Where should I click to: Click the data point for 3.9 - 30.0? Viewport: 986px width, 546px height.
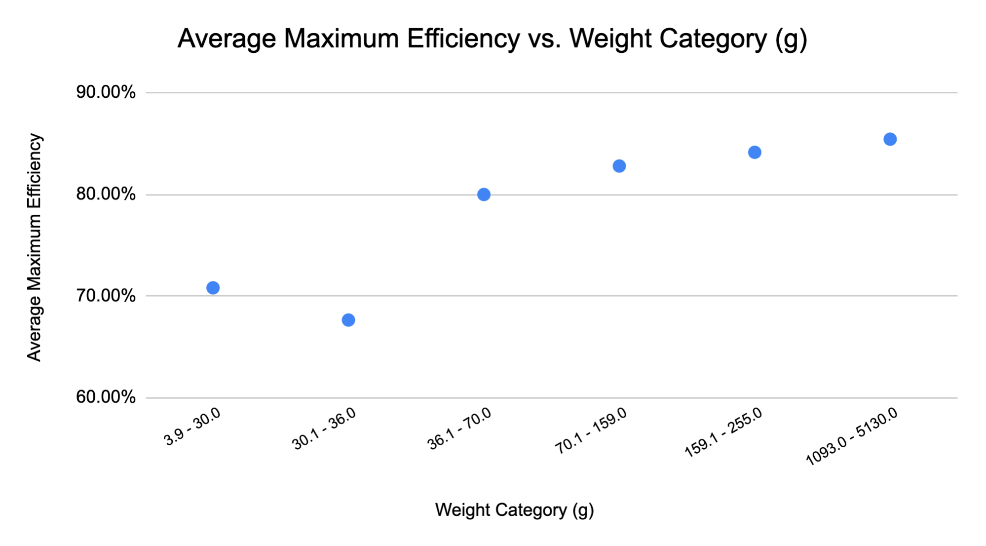[x=213, y=288]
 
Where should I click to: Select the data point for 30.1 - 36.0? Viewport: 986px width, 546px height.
[x=348, y=320]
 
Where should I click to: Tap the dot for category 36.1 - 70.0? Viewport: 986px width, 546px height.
[x=484, y=195]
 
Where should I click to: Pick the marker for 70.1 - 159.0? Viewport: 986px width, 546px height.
[x=619, y=166]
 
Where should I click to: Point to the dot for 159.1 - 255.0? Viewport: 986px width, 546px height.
[x=755, y=152]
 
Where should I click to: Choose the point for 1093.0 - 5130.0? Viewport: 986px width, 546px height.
[x=890, y=139]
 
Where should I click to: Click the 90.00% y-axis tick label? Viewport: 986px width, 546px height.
[x=106, y=92]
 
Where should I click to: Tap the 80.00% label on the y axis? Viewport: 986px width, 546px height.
[x=106, y=194]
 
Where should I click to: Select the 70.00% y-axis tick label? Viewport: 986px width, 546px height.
[x=106, y=296]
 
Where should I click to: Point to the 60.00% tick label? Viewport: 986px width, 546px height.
[x=106, y=397]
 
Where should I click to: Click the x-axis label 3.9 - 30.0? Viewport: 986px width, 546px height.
[x=192, y=428]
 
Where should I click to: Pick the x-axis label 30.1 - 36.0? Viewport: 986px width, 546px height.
[x=324, y=429]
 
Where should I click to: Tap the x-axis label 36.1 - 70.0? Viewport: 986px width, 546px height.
[x=459, y=429]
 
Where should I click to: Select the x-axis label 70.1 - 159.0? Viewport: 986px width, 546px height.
[x=591, y=431]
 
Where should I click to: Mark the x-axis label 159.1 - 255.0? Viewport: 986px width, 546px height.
[x=723, y=433]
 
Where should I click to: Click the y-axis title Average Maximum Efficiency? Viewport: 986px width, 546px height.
[x=34, y=247]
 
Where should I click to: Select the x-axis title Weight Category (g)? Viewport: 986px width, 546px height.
[x=514, y=510]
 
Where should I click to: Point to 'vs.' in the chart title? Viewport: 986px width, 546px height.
[x=544, y=39]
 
